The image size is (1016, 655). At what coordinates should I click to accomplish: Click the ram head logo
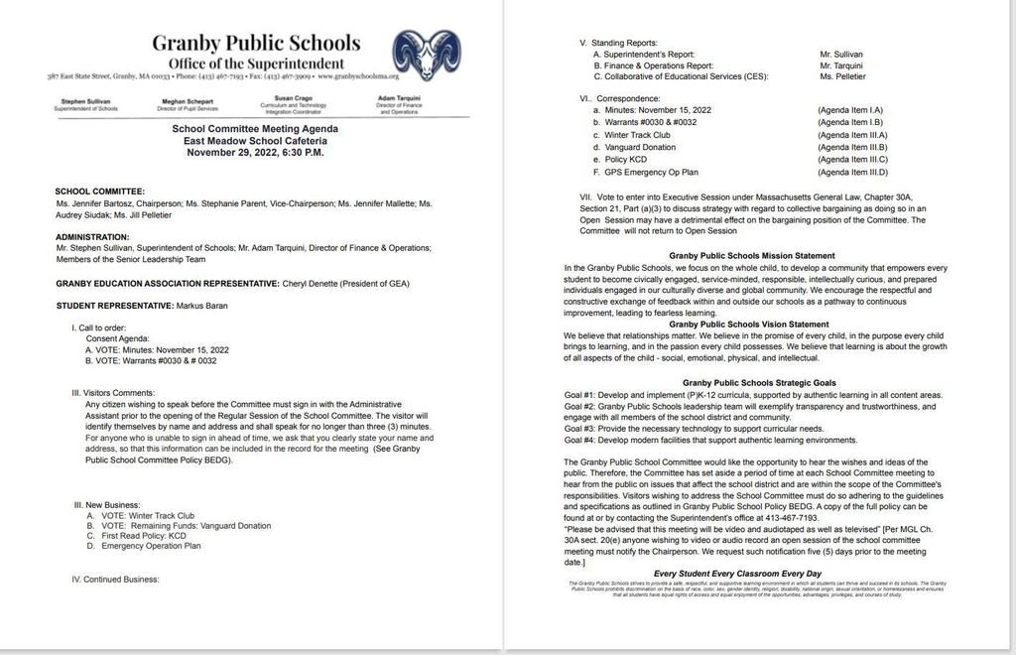pyautogui.click(x=426, y=55)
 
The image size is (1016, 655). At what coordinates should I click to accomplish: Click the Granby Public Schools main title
pyautogui.click(x=256, y=43)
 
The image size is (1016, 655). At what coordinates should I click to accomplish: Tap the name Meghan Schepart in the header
pyautogui.click(x=189, y=101)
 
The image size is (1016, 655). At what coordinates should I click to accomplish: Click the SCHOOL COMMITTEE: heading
pyautogui.click(x=100, y=191)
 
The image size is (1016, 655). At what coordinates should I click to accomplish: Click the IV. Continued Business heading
pyautogui.click(x=115, y=579)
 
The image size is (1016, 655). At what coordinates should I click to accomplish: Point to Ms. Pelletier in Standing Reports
pyautogui.click(x=842, y=76)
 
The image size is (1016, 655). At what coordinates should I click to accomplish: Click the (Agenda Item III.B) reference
pyautogui.click(x=851, y=147)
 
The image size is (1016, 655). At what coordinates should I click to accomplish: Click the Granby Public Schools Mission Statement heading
pyautogui.click(x=752, y=256)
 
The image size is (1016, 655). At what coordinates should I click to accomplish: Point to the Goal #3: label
pyautogui.click(x=584, y=428)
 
